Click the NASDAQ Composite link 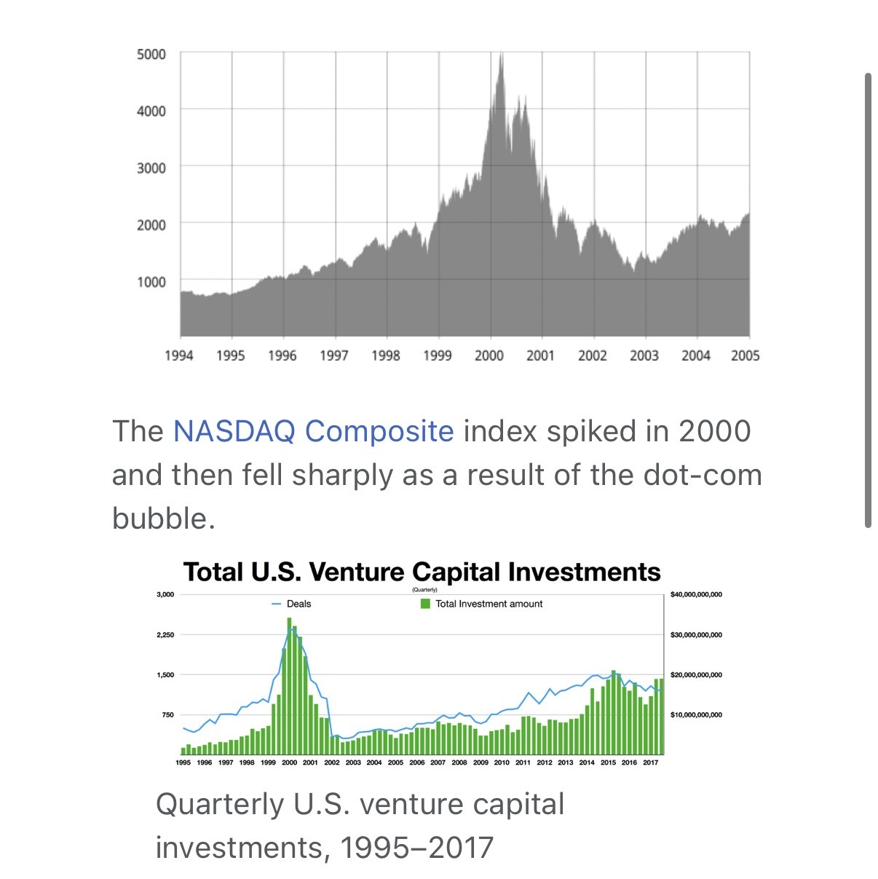pyautogui.click(x=313, y=431)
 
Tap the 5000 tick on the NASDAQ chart pyautogui.click(x=151, y=55)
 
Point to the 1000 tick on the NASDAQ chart pyautogui.click(x=151, y=282)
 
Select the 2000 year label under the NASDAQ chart pyautogui.click(x=489, y=355)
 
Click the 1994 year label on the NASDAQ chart pyautogui.click(x=179, y=355)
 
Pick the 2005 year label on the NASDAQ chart pyautogui.click(x=745, y=355)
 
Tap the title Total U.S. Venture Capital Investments pyautogui.click(x=422, y=572)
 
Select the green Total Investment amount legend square pyautogui.click(x=425, y=604)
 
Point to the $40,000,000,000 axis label pyautogui.click(x=696, y=595)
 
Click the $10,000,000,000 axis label pyautogui.click(x=696, y=715)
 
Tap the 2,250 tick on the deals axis pyautogui.click(x=165, y=635)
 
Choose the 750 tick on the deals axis pyautogui.click(x=168, y=715)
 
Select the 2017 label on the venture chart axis pyautogui.click(x=651, y=762)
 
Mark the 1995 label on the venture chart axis pyautogui.click(x=183, y=762)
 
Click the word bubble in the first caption pyautogui.click(x=164, y=519)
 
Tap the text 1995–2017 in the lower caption pyautogui.click(x=417, y=848)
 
